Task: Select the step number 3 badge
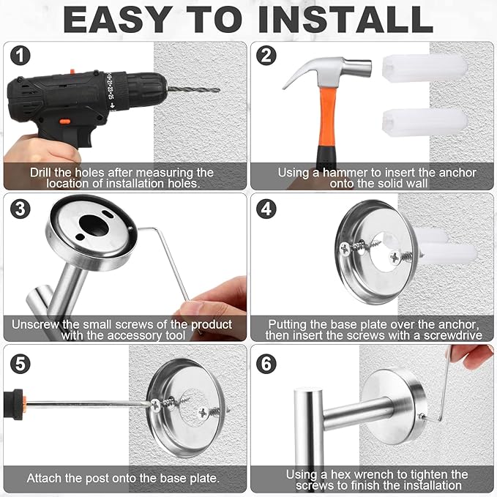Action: pyautogui.click(x=20, y=208)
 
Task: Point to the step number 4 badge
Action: pyautogui.click(x=267, y=208)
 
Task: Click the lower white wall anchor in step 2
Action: pyautogui.click(x=425, y=119)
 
